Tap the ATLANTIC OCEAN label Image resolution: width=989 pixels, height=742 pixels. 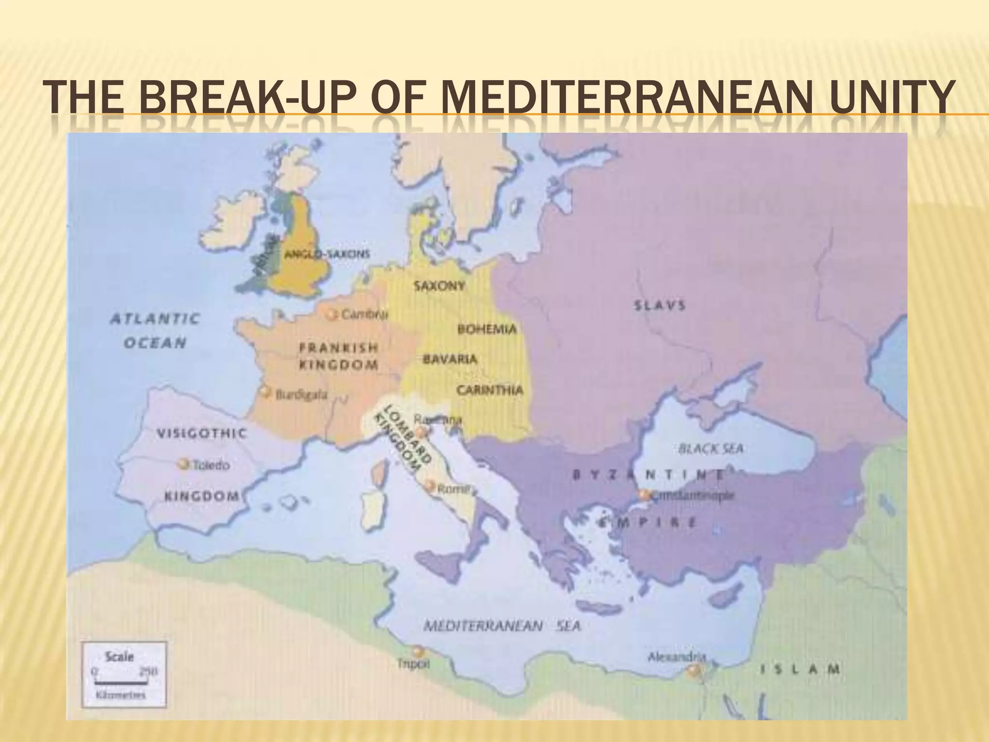[155, 331]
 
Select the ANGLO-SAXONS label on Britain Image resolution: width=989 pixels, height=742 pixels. [327, 254]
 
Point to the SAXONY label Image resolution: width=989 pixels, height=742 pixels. [439, 285]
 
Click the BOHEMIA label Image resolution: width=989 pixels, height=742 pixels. [486, 329]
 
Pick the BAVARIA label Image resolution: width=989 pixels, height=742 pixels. [450, 359]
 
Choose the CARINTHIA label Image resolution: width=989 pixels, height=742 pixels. [490, 390]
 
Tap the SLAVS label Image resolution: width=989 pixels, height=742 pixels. [660, 305]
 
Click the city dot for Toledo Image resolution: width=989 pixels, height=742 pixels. [183, 464]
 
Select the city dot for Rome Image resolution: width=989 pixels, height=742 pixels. [429, 486]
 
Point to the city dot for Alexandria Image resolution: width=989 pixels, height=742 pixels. [693, 670]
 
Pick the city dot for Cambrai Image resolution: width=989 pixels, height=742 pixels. [331, 314]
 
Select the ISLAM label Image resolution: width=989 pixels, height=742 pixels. [800, 670]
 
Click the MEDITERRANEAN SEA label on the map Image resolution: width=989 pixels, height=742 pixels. [502, 626]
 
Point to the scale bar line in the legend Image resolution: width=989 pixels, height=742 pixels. [121, 683]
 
